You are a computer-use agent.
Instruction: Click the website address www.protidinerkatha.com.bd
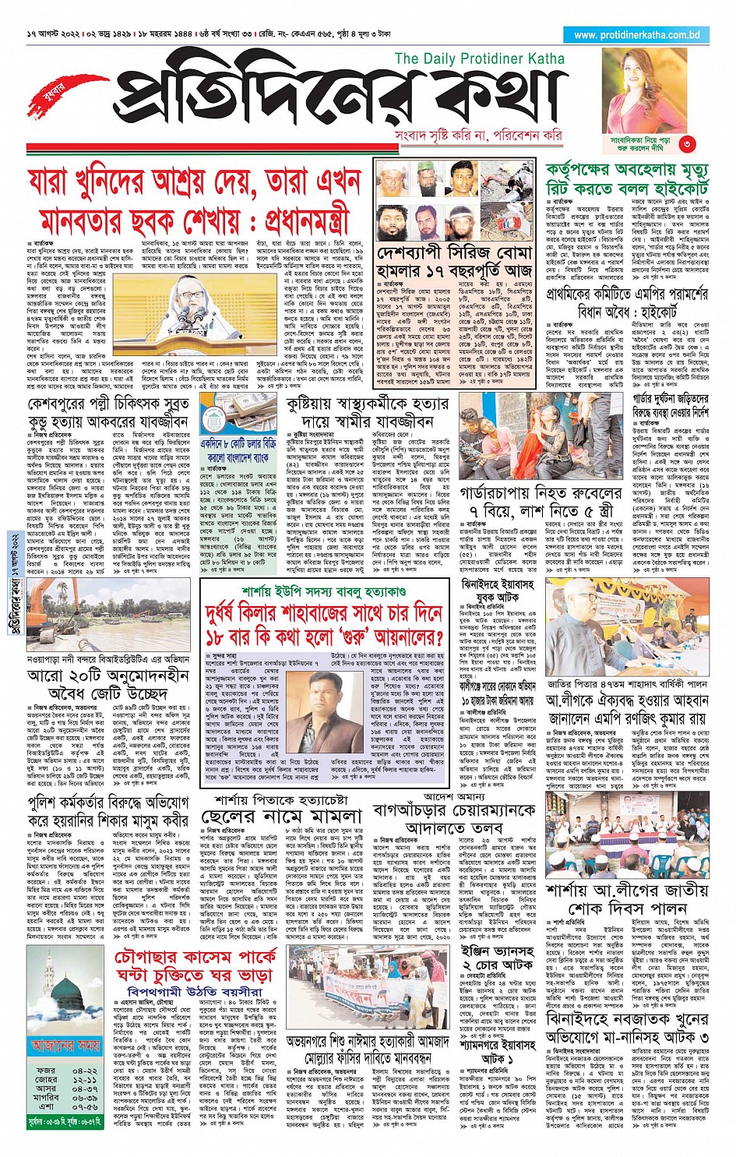click(636, 35)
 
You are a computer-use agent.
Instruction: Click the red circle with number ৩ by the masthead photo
click(685, 143)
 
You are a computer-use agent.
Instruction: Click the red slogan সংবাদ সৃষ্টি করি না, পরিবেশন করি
click(478, 136)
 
